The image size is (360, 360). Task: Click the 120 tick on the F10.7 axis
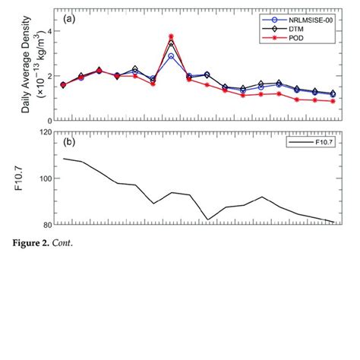pyautogui.click(x=45, y=132)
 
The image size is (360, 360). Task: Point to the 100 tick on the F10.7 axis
pyautogui.click(x=45, y=178)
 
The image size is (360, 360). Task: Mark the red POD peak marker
pyautogui.click(x=171, y=36)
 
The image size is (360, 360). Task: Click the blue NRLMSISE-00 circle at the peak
pyautogui.click(x=171, y=56)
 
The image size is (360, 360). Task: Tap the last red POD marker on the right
pyautogui.click(x=333, y=101)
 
